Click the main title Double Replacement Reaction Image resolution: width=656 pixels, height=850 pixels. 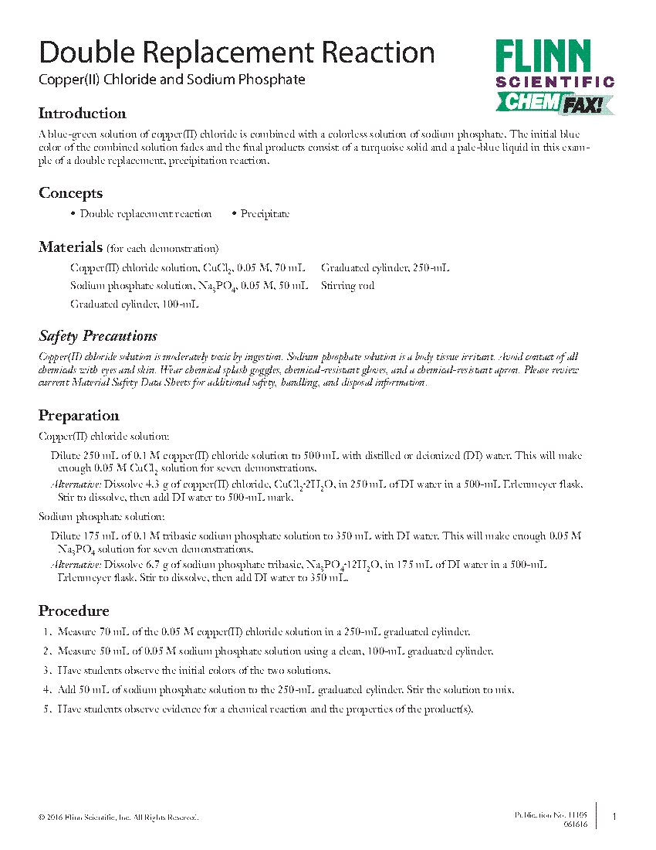tap(236, 53)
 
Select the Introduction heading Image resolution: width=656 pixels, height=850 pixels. tap(82, 114)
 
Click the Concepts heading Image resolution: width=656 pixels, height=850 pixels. tap(70, 193)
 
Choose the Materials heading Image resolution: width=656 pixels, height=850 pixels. tap(70, 247)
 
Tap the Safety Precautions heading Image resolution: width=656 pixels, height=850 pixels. tap(97, 336)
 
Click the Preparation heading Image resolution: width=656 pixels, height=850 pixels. tap(79, 416)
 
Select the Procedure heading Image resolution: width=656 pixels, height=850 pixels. tap(73, 611)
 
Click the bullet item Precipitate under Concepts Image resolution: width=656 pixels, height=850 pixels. tap(264, 214)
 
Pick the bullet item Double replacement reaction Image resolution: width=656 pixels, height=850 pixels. tap(145, 214)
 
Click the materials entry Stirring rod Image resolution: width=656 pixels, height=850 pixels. tap(347, 286)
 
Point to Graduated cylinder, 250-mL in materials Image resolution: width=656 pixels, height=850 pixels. tap(385, 268)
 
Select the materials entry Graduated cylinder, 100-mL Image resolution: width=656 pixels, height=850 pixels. tap(134, 304)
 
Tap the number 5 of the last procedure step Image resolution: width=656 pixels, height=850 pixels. tap(46, 710)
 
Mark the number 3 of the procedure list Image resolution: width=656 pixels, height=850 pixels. tap(46, 671)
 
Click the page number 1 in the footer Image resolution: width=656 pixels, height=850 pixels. tap(614, 817)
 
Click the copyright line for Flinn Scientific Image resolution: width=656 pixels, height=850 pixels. tap(118, 818)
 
